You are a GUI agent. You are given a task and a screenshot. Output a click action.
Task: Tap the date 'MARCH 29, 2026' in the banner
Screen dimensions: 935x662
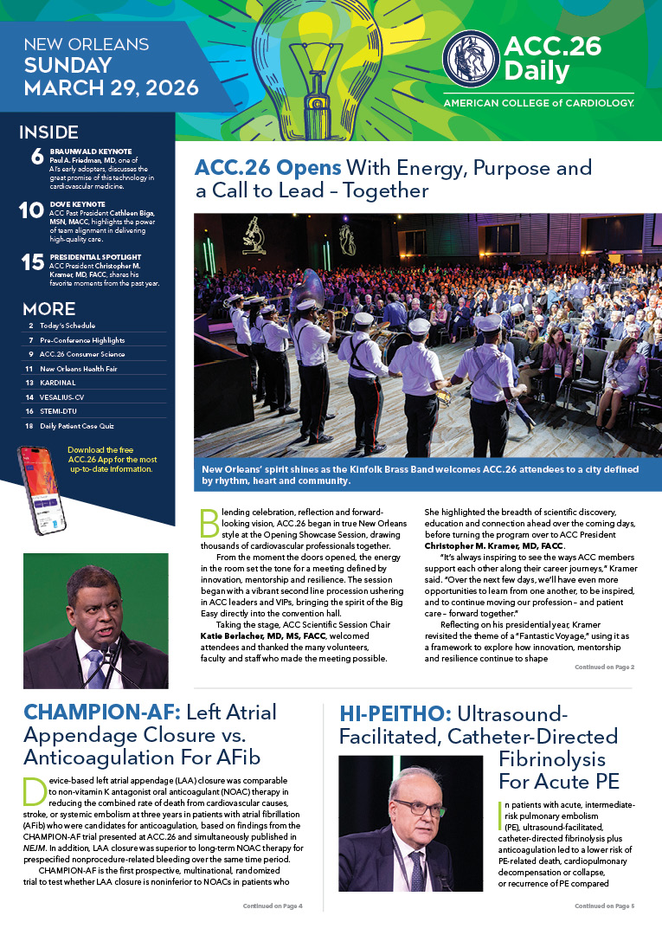click(x=112, y=87)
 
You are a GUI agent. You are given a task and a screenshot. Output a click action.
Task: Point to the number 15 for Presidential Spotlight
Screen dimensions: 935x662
click(x=32, y=262)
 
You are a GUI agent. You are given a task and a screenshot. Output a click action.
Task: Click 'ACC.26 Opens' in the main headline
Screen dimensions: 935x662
click(x=268, y=167)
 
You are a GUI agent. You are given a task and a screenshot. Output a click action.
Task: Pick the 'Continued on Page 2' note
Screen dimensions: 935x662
click(x=604, y=667)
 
